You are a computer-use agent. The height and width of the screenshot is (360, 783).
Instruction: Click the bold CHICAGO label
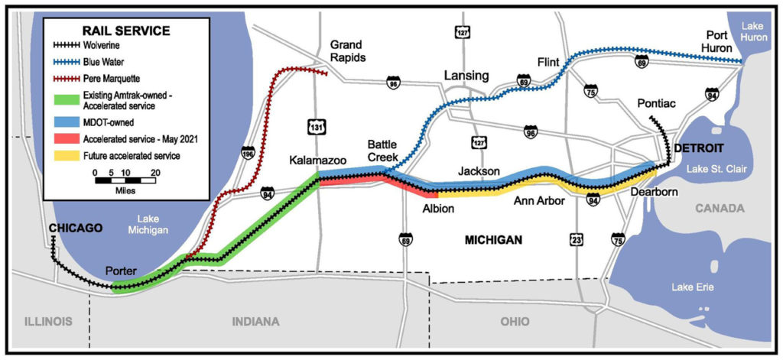pyautogui.click(x=76, y=228)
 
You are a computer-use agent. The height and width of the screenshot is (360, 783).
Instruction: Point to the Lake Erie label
pyautogui.click(x=693, y=287)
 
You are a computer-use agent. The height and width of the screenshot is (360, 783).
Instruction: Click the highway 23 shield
pyautogui.click(x=576, y=240)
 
